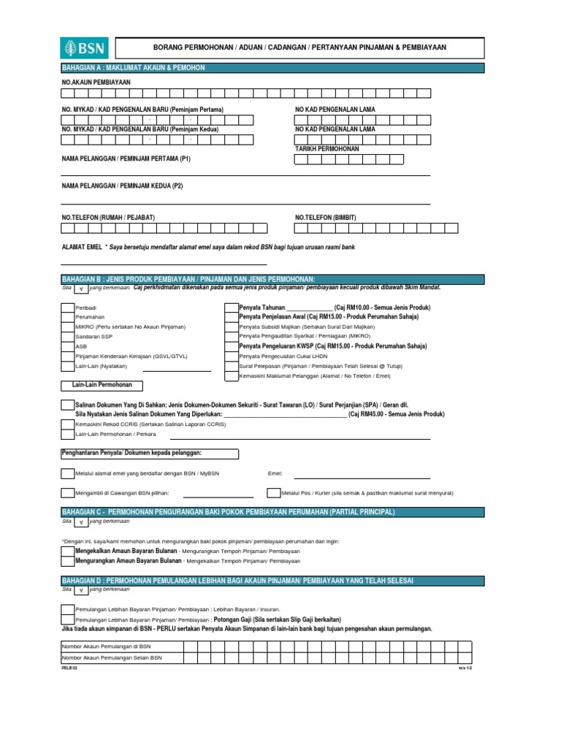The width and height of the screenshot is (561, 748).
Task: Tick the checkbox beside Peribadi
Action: pos(67,308)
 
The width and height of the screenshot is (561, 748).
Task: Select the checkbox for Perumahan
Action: pos(67,318)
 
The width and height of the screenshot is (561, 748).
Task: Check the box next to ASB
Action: pos(67,346)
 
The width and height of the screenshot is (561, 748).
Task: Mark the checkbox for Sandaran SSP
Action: pos(67,337)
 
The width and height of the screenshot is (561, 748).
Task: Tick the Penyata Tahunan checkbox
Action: pos(229,308)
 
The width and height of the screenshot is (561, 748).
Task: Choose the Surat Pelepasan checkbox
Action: pos(229,365)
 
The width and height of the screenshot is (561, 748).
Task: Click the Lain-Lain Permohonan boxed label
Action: pos(102,385)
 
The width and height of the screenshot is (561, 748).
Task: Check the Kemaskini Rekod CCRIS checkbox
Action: pos(67,424)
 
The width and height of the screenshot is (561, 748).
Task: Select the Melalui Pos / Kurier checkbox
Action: pos(272,493)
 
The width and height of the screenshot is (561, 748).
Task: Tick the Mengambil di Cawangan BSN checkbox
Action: pos(67,493)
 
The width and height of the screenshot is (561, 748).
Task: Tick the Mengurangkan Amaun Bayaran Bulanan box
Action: pos(67,561)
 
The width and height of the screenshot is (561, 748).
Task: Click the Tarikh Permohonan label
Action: pos(327,148)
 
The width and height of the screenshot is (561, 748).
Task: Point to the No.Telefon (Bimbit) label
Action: pos(328,217)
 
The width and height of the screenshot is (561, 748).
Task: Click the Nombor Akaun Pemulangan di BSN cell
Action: pos(121,646)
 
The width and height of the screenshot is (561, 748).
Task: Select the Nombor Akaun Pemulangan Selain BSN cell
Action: pos(121,657)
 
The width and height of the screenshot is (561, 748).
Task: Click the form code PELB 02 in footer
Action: pos(69,668)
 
